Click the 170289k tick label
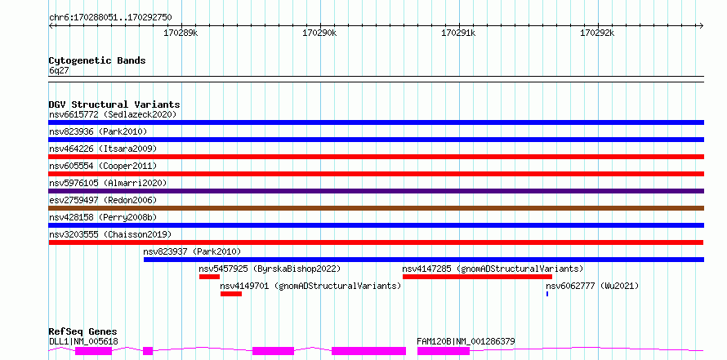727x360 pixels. [x=181, y=33]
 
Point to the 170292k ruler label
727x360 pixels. [x=597, y=33]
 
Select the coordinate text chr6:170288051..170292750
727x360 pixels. [x=110, y=18]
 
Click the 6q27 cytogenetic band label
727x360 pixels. [x=60, y=71]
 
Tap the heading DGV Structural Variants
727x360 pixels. [x=114, y=104]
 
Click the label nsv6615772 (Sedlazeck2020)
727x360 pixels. [x=113, y=114]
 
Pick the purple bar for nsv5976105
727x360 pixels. [x=377, y=191]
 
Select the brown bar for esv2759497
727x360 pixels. [x=377, y=208]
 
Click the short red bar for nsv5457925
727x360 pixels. [x=209, y=277]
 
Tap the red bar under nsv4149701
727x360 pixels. [x=231, y=294]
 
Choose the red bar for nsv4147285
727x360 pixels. [x=477, y=277]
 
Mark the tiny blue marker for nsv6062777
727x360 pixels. [x=547, y=294]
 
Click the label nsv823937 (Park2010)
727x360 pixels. [x=192, y=251]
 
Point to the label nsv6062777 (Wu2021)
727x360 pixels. [x=592, y=286]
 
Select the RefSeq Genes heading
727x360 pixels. [x=83, y=331]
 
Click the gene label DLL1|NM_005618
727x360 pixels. [x=83, y=342]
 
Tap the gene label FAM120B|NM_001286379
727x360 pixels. [x=466, y=342]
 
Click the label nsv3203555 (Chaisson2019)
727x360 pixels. [x=110, y=234]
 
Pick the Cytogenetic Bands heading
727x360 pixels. [x=97, y=60]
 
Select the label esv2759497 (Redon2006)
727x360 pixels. [x=103, y=200]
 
